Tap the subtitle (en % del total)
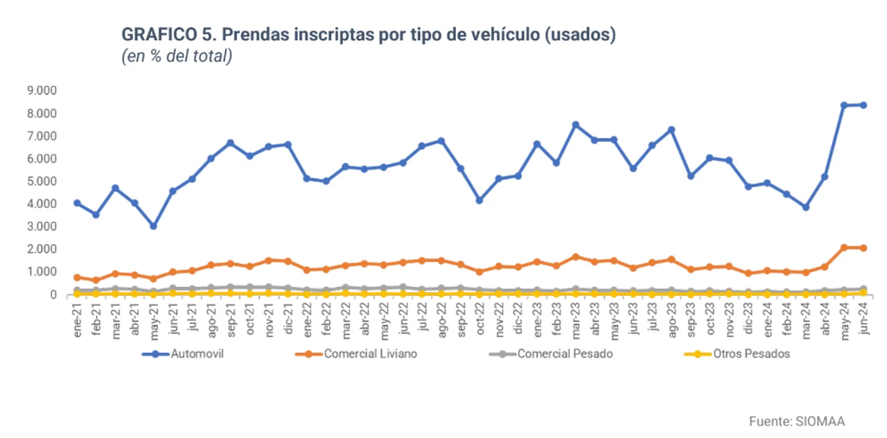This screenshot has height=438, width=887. (x=176, y=57)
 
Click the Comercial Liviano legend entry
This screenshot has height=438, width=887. (x=370, y=353)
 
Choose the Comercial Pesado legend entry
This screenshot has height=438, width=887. (x=564, y=353)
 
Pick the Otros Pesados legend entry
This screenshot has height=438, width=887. (x=751, y=353)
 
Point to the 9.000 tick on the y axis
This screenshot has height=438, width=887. (x=42, y=90)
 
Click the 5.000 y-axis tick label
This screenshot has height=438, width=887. (x=42, y=181)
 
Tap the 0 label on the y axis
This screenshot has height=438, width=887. (x=52, y=295)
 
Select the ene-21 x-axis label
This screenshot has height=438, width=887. (x=78, y=319)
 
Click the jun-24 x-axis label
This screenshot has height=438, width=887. (x=863, y=319)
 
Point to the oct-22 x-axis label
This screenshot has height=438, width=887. (x=480, y=319)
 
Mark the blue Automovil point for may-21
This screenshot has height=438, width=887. (x=153, y=226)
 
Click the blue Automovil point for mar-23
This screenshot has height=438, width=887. (x=575, y=125)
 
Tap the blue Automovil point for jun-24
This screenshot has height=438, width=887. (x=863, y=105)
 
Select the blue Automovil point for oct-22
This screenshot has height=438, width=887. (x=480, y=200)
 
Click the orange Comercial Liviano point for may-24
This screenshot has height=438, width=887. (x=844, y=247)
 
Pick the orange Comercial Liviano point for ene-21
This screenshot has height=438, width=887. (x=77, y=277)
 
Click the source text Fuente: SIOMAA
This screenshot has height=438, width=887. (x=797, y=421)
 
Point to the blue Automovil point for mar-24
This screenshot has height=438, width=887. (x=806, y=207)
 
